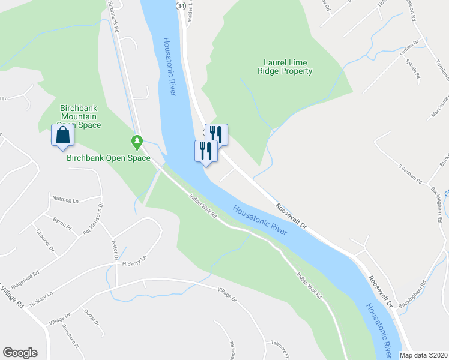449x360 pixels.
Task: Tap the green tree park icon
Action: pyautogui.click(x=137, y=142)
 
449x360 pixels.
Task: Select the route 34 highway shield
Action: pyautogui.click(x=181, y=5)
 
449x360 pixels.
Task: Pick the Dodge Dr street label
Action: pyautogui.click(x=91, y=317)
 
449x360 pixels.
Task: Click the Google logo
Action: pyautogui.click(x=20, y=353)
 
